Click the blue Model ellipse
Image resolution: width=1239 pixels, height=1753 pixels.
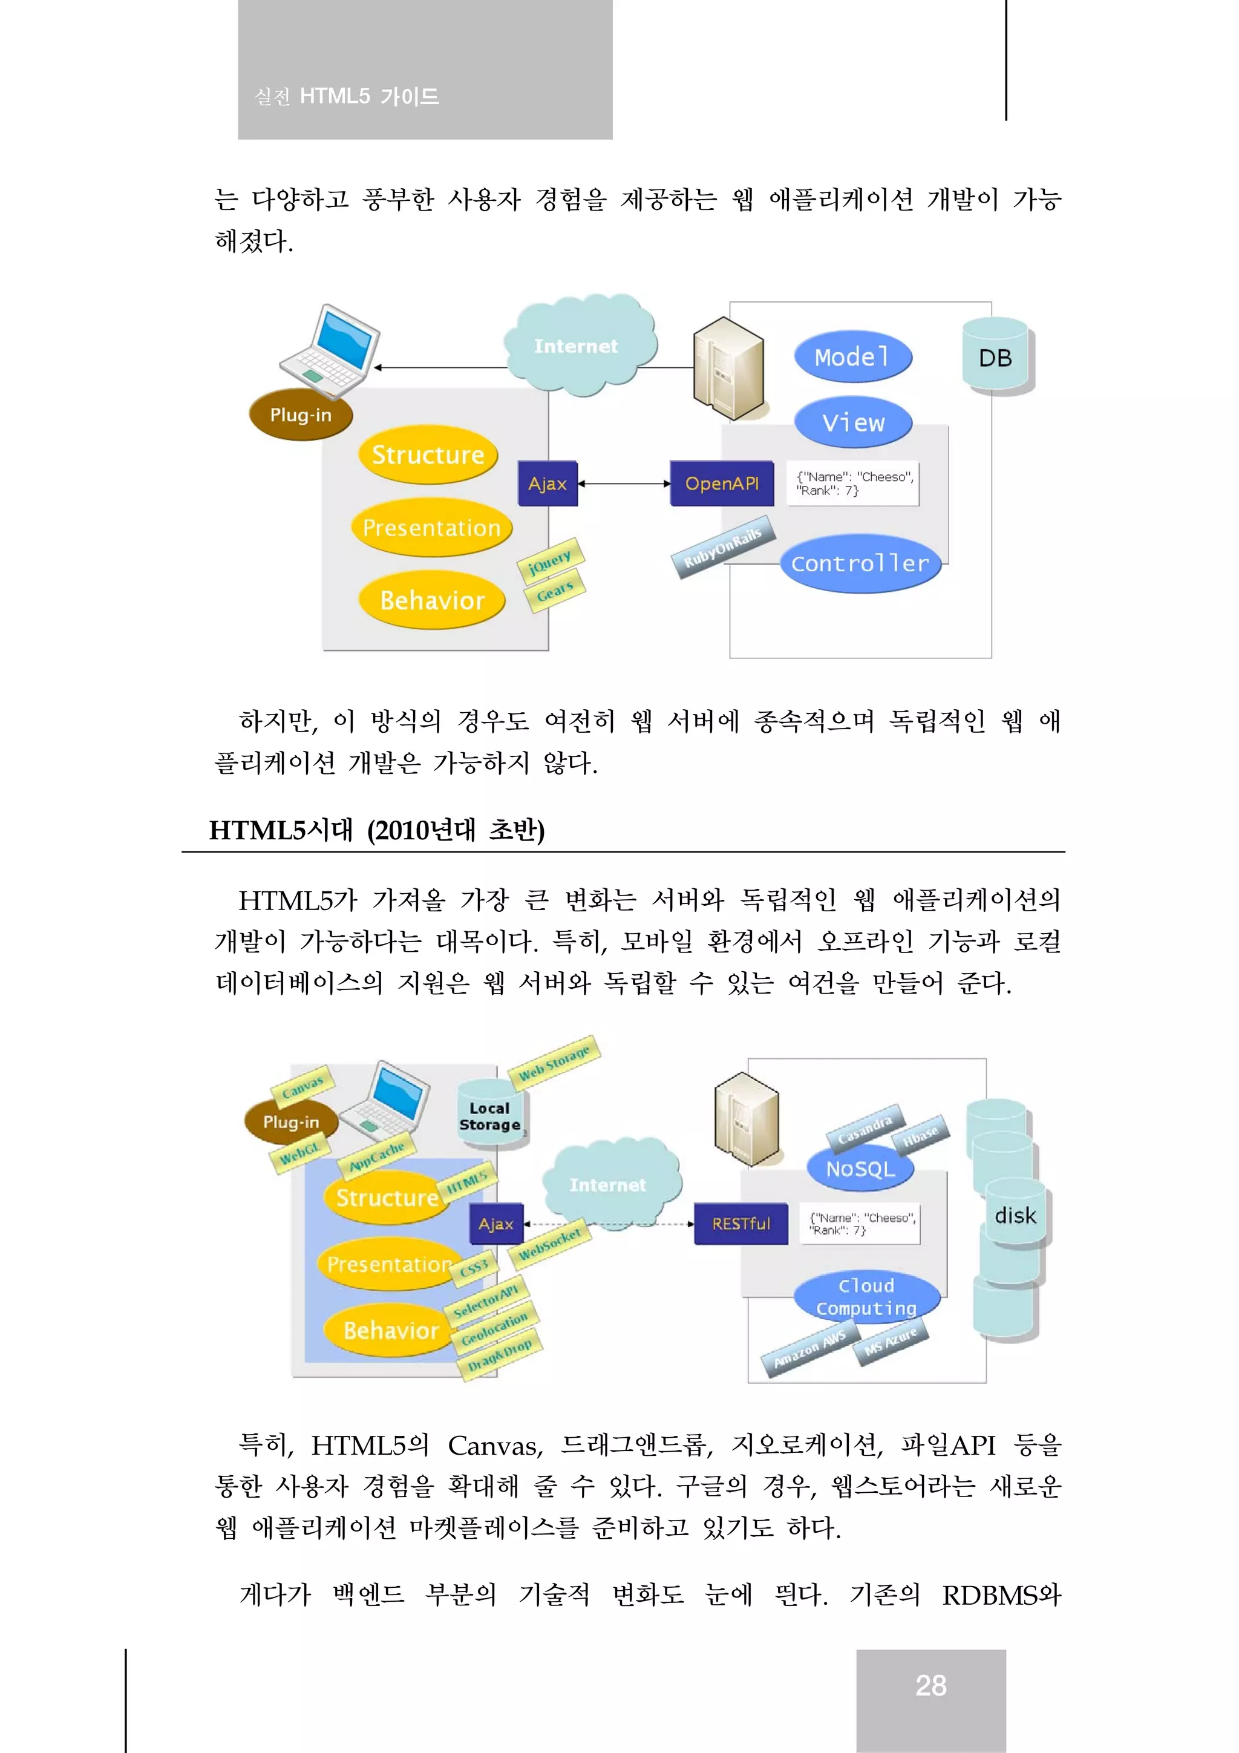(x=852, y=356)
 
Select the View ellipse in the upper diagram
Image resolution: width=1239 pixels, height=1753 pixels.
(x=852, y=422)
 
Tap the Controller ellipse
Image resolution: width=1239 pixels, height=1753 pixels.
(x=860, y=563)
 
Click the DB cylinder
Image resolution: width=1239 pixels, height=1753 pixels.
(x=995, y=358)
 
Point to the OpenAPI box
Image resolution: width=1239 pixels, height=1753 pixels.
(x=721, y=483)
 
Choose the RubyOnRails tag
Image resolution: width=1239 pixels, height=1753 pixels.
(x=722, y=548)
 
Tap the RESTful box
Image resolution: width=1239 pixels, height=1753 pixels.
(x=740, y=1223)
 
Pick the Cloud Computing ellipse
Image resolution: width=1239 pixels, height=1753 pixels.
(x=866, y=1296)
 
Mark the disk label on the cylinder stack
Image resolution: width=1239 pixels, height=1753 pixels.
(x=1015, y=1216)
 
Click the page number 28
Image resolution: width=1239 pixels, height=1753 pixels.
(x=930, y=1685)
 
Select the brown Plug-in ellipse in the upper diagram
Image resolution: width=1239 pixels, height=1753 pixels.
(x=301, y=414)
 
